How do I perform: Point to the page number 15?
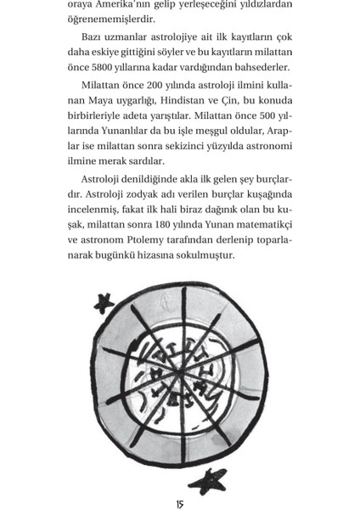point(180,504)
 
